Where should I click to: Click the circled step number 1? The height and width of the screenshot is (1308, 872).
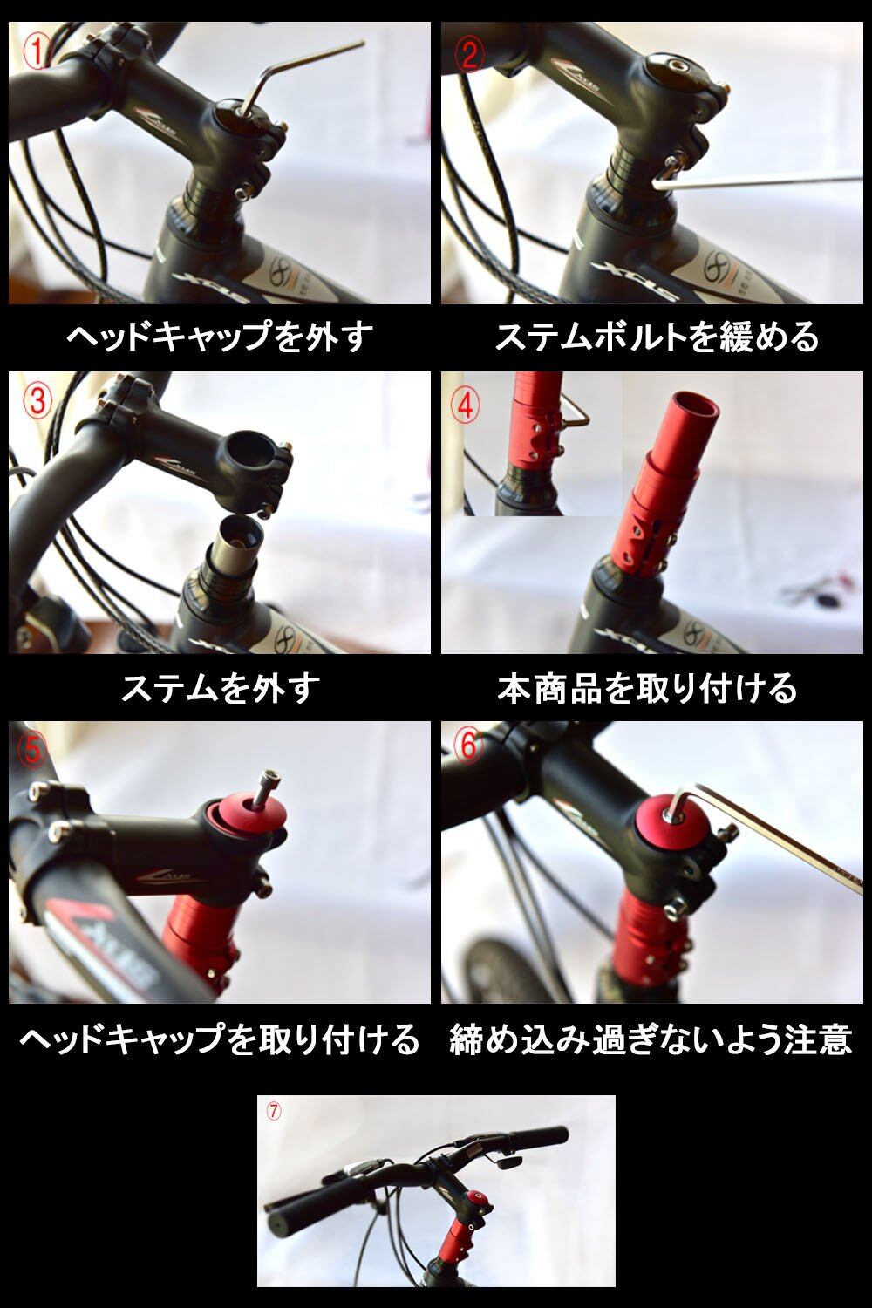click(37, 51)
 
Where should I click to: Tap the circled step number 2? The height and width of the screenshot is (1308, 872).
click(469, 56)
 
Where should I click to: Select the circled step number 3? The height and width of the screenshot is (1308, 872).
click(37, 402)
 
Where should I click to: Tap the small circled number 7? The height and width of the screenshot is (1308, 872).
click(273, 1112)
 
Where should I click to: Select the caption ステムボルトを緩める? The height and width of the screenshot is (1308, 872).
click(657, 337)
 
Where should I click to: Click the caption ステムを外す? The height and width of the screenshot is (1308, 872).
click(221, 688)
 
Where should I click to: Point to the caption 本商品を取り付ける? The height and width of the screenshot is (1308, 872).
click(648, 688)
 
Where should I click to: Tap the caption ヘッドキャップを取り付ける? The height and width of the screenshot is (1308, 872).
click(220, 1039)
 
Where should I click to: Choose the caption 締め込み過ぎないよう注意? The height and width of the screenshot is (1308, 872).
click(651, 1039)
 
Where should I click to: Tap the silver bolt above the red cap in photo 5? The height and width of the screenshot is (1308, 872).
click(267, 788)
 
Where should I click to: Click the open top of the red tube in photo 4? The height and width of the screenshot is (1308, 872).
click(695, 407)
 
